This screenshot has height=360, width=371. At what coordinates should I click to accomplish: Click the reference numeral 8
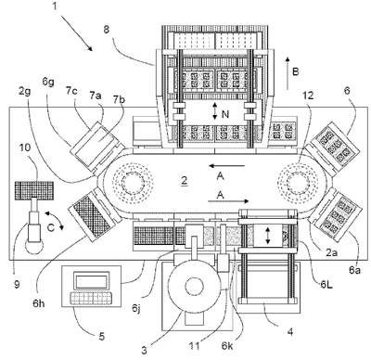coord(106,31)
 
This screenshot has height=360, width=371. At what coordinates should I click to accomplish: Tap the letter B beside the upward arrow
coord(296,72)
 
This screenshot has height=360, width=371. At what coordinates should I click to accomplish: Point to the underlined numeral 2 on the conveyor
coord(185,181)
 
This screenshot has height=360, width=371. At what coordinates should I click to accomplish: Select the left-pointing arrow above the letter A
coord(227,166)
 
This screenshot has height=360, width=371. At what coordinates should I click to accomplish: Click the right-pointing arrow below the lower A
coord(228,201)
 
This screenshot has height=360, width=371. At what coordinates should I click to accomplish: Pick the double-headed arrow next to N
coord(215,112)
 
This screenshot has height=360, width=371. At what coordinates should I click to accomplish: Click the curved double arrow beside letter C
coord(55,221)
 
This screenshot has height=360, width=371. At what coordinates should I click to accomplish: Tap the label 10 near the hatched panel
coord(26,148)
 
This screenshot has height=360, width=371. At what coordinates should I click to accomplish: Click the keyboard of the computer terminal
coord(91,298)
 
